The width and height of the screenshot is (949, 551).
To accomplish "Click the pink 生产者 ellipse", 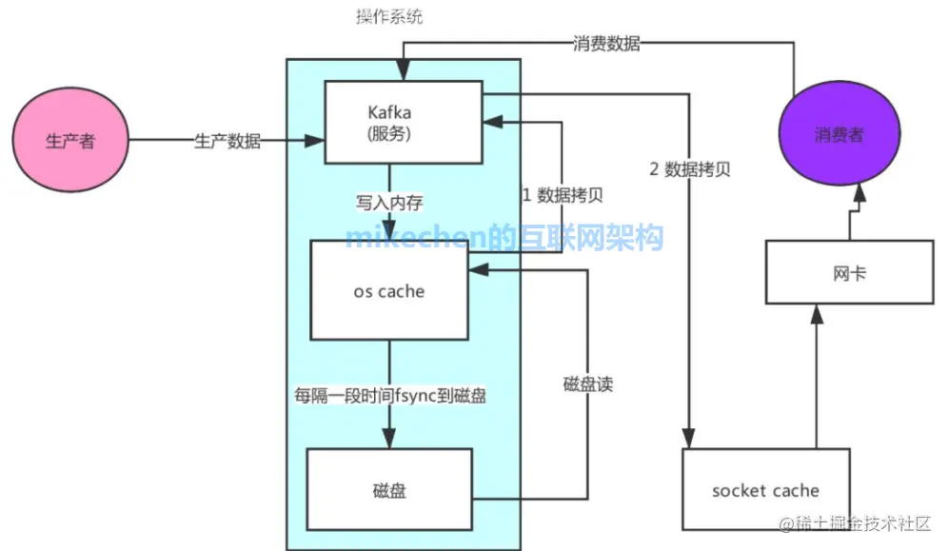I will [x=70, y=142].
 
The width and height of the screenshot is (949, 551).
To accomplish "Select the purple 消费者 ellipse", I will [x=839, y=134].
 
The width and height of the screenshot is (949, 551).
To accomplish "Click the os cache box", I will [x=389, y=291].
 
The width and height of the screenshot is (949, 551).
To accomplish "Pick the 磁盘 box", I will [x=389, y=490].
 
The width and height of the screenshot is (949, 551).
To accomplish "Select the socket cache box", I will [x=765, y=490].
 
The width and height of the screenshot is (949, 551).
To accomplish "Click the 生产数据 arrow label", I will [x=227, y=142].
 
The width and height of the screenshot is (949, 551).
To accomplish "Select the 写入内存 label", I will [x=388, y=203].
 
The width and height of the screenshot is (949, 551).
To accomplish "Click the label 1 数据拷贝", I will [x=562, y=195].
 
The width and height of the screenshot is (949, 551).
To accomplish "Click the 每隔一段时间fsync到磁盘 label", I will [x=389, y=395].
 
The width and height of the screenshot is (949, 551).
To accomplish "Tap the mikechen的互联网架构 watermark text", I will [x=504, y=237].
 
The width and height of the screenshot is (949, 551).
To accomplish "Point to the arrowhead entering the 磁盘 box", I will [x=389, y=441].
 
